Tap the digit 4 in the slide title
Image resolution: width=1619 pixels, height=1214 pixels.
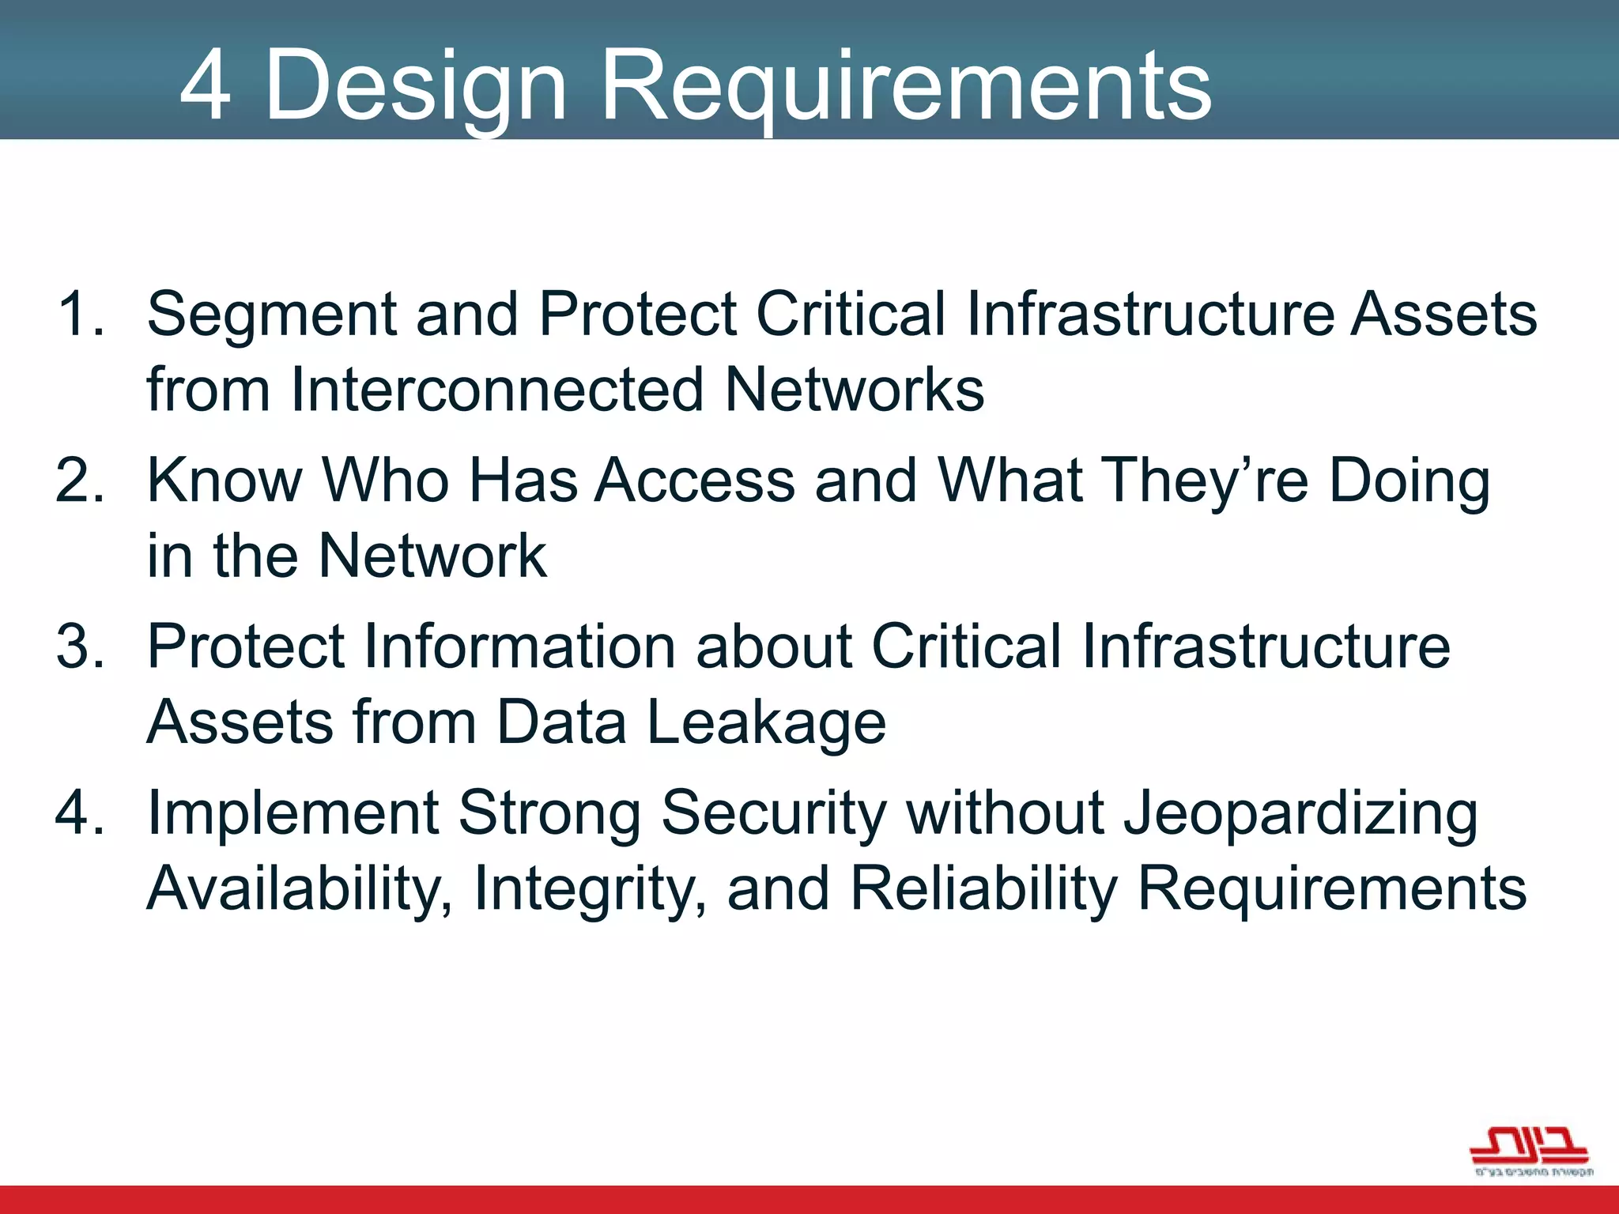tap(206, 85)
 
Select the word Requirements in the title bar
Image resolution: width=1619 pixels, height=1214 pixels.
tap(906, 85)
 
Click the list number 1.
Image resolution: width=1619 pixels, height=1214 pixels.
tap(81, 314)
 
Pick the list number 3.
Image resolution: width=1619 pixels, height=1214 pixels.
tap(81, 646)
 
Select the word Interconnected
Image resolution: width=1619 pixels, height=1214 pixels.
tap(496, 389)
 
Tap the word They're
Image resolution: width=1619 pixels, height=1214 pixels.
tap(1205, 481)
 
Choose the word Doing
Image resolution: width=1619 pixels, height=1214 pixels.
tap(1410, 481)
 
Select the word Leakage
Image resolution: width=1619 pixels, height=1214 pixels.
tap(766, 722)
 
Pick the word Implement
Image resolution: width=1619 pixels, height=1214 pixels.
tap(293, 813)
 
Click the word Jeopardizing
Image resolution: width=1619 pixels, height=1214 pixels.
tap(1300, 813)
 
